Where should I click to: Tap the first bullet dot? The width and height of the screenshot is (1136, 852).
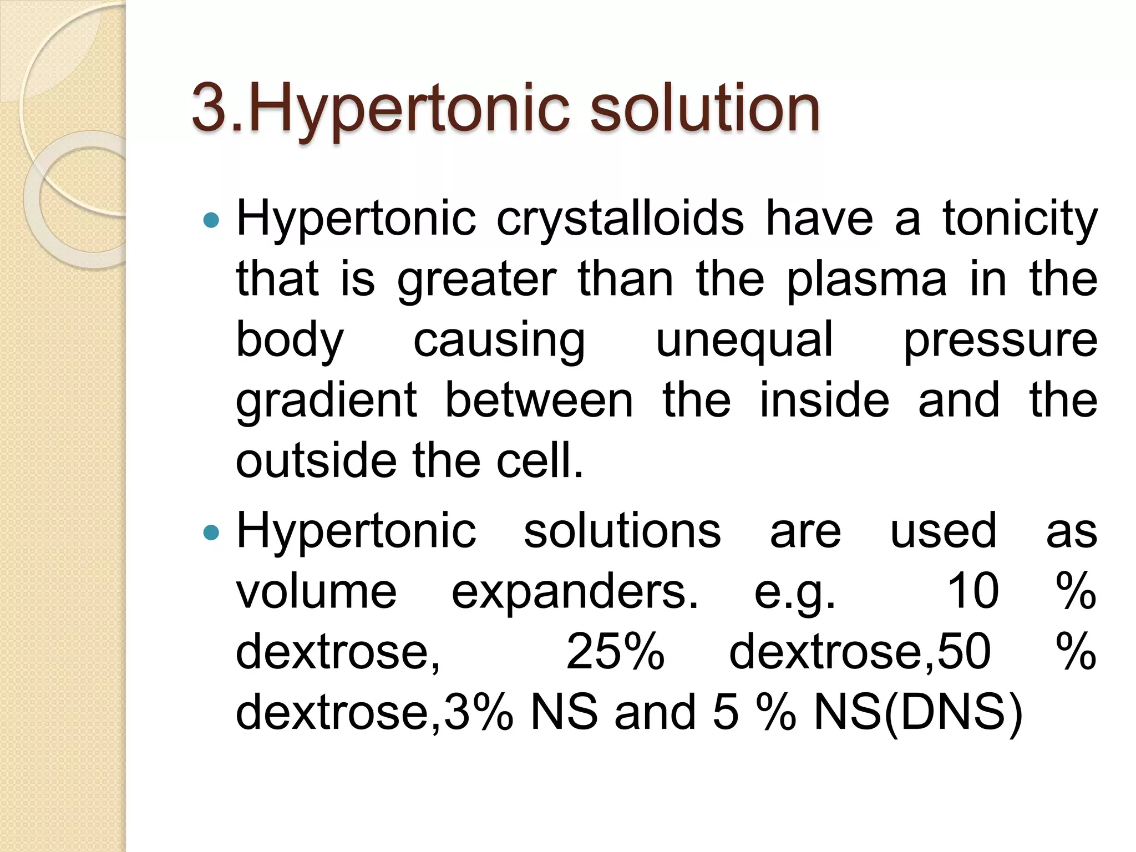211,221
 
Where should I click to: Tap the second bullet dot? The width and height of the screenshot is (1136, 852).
211,533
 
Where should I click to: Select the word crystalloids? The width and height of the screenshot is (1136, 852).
620,219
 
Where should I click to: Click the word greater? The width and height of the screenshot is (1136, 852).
476,280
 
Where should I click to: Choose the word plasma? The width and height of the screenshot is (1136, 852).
866,280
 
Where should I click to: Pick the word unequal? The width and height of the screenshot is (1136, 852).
744,341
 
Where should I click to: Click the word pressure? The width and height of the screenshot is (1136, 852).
1000,341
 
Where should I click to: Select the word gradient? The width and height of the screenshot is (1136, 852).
326,401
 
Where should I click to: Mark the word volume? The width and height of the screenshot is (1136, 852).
316,591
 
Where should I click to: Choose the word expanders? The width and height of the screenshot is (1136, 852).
575,592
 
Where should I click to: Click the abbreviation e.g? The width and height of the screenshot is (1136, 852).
794,592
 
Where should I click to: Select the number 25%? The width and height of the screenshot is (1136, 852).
615,652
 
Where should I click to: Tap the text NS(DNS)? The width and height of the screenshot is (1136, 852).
917,712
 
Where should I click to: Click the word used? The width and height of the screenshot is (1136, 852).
943,531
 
